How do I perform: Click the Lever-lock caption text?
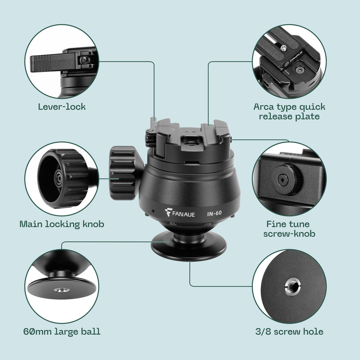62,107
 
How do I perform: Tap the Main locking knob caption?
62,224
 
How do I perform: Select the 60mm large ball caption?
62,332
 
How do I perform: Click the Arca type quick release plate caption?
289,112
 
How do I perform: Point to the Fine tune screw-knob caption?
289,229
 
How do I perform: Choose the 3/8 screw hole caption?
289,332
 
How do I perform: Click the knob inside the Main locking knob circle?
61,178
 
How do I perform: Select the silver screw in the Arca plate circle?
284,46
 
